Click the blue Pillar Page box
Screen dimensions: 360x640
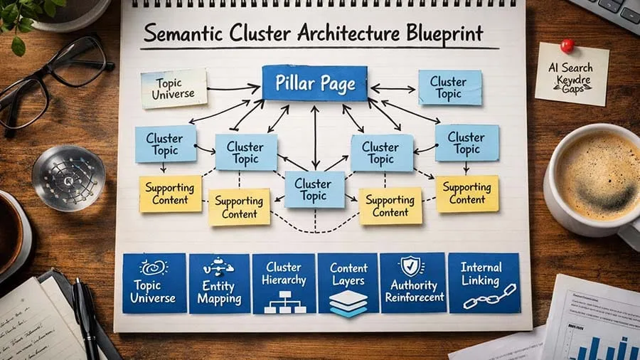[x=314, y=84]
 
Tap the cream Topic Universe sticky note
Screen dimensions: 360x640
[x=174, y=88]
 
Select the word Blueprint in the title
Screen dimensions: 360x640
[x=435, y=33]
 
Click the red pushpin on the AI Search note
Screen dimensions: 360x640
[x=567, y=45]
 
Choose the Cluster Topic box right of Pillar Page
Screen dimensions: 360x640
[x=449, y=88]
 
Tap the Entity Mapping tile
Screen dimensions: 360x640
[x=219, y=283]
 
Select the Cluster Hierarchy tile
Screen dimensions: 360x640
[x=284, y=283]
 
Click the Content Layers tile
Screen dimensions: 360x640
[x=348, y=283]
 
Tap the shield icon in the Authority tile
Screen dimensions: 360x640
[x=412, y=266]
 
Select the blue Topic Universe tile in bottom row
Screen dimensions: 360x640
[x=154, y=283]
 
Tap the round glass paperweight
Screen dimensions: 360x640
[x=68, y=177]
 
